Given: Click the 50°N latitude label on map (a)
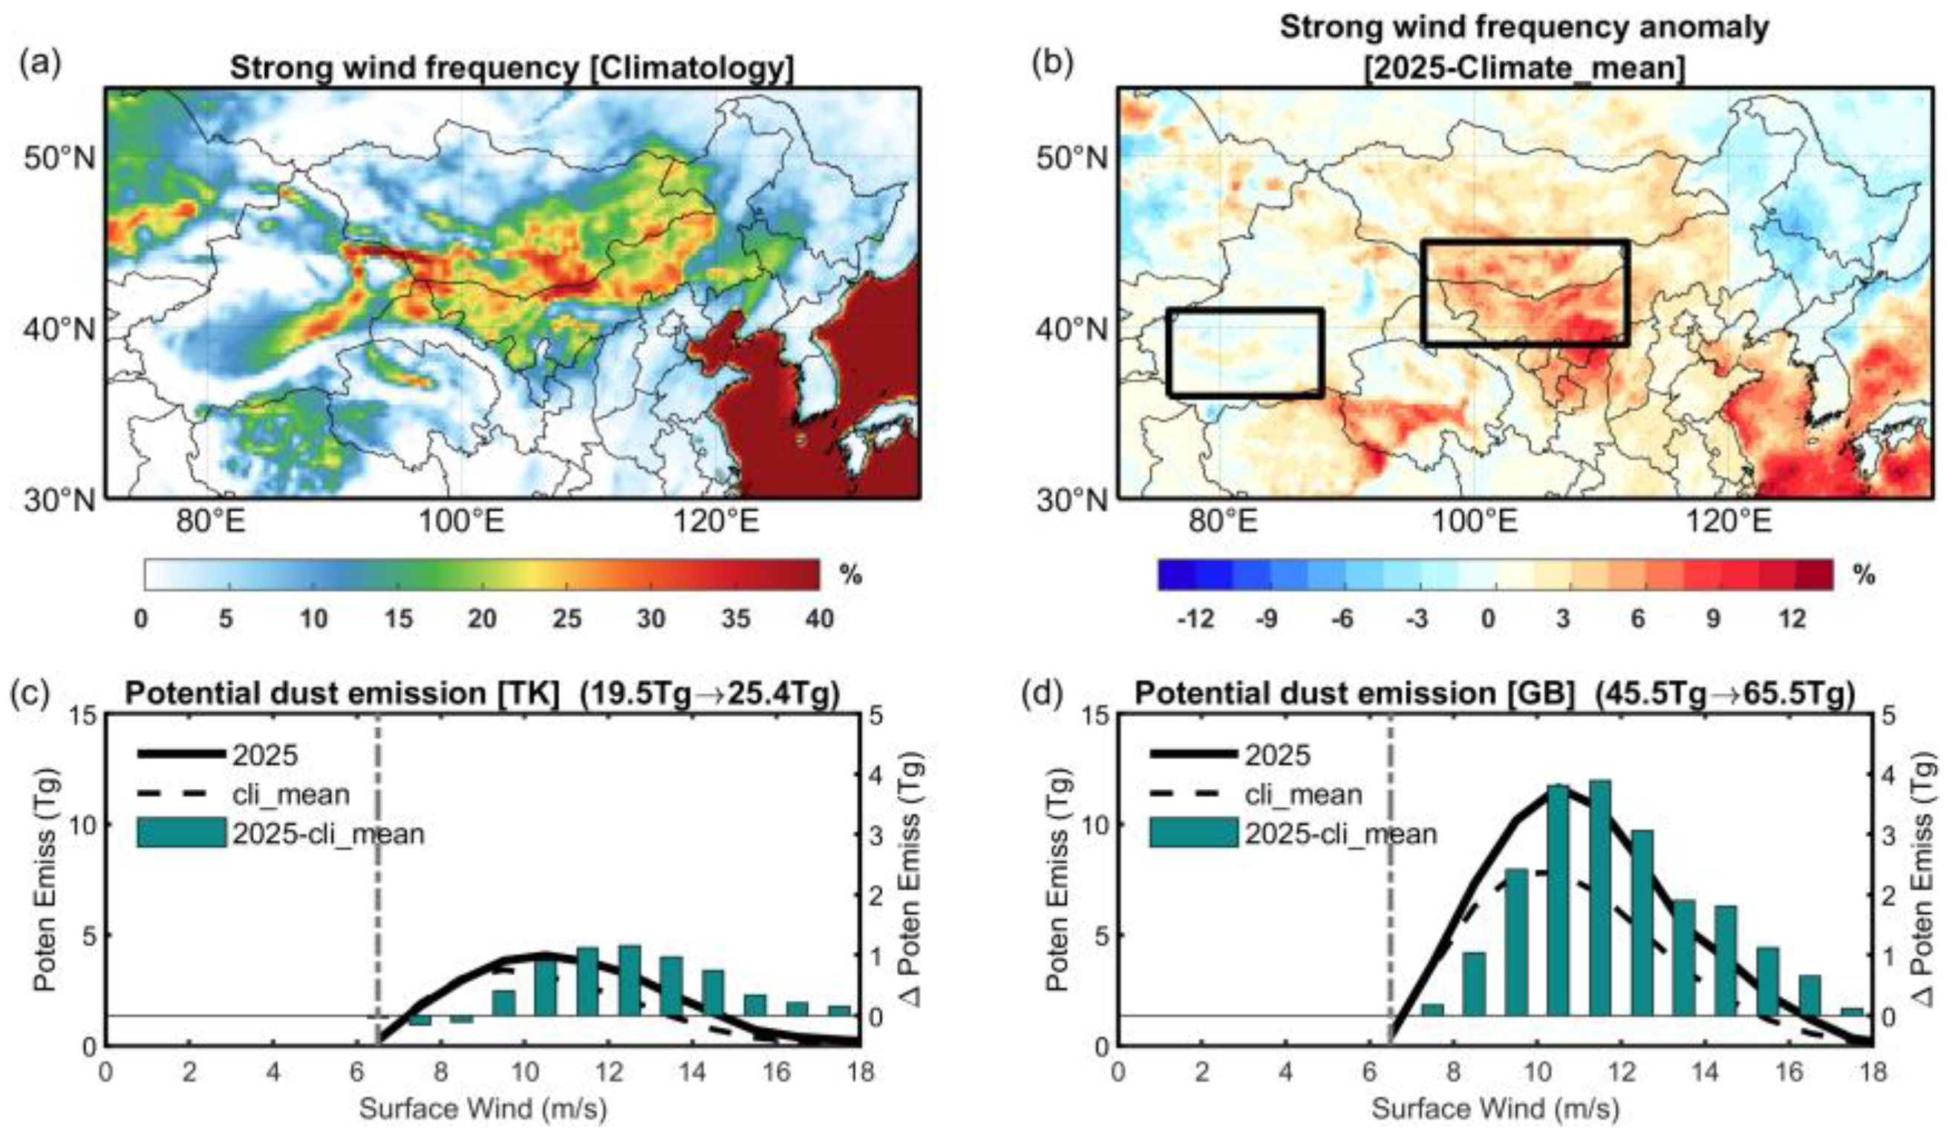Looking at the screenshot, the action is (59, 160).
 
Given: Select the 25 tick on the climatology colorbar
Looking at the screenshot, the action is (567, 619).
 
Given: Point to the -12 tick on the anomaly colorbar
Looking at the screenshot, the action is (1195, 619).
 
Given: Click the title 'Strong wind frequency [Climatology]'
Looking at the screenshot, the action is (512, 69).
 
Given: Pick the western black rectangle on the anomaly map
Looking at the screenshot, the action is (1245, 353).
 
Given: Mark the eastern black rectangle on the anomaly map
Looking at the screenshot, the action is (1525, 292).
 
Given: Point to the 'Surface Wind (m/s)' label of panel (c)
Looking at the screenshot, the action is (483, 1109).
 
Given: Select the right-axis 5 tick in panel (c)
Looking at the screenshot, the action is (898, 715).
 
